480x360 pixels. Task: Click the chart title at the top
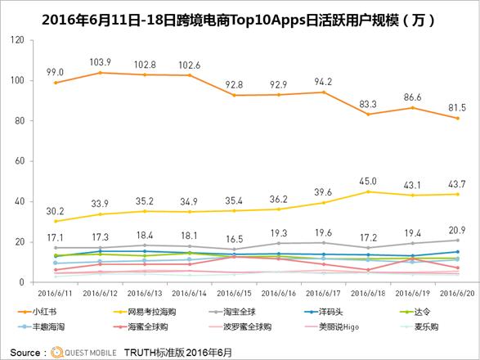[x=240, y=17]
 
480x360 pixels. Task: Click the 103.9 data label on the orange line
[x=100, y=62]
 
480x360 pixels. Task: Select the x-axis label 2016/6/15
[x=233, y=291]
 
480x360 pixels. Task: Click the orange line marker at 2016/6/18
[x=367, y=114]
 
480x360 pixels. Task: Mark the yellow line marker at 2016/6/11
[x=56, y=221]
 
